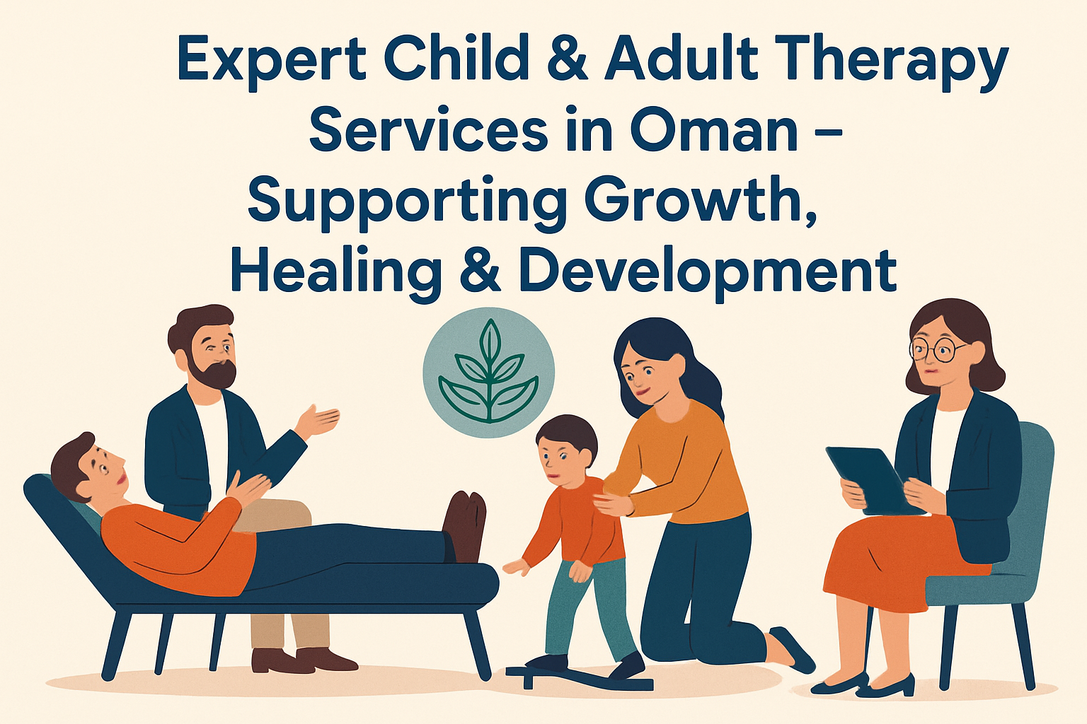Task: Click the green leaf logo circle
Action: click(489, 373)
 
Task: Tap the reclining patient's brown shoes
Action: click(464, 527)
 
